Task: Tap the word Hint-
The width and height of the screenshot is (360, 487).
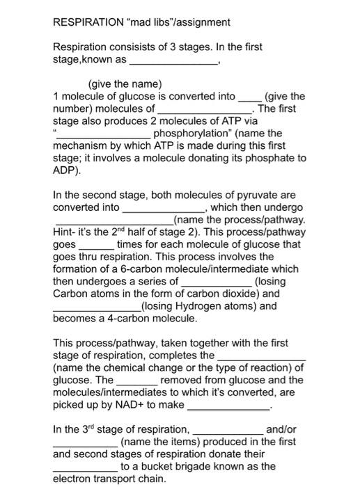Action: click(65, 232)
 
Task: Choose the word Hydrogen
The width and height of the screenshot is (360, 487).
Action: click(198, 305)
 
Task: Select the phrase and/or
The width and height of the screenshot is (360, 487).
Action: click(281, 429)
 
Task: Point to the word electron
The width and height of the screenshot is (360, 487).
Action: click(72, 479)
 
